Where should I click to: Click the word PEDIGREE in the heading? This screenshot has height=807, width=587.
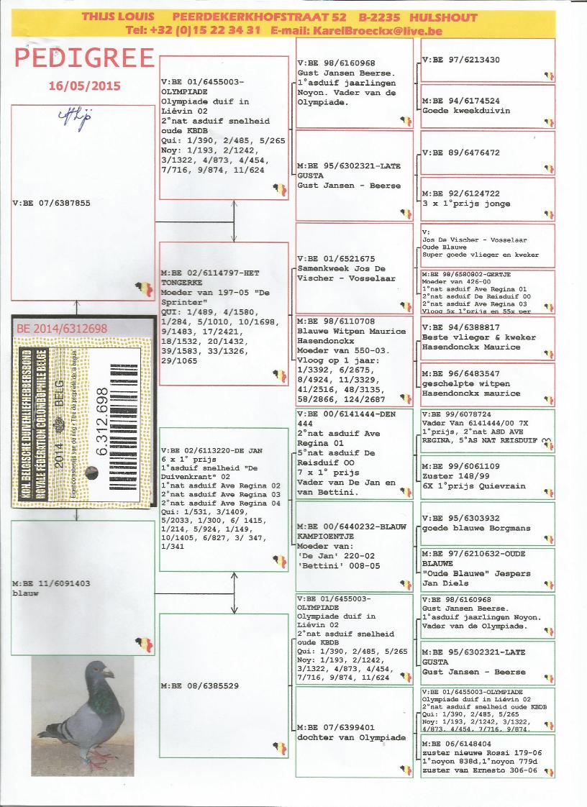(x=85, y=58)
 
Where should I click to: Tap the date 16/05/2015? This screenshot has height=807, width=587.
(x=84, y=86)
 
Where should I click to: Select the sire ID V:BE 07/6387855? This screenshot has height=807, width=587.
(x=52, y=204)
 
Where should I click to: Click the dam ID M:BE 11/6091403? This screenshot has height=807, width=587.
(x=52, y=583)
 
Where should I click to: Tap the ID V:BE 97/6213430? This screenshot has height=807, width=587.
(x=460, y=60)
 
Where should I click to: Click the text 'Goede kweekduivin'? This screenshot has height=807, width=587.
(x=465, y=111)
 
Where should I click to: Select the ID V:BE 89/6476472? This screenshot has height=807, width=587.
(x=460, y=152)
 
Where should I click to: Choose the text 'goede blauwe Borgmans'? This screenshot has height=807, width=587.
(x=475, y=528)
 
